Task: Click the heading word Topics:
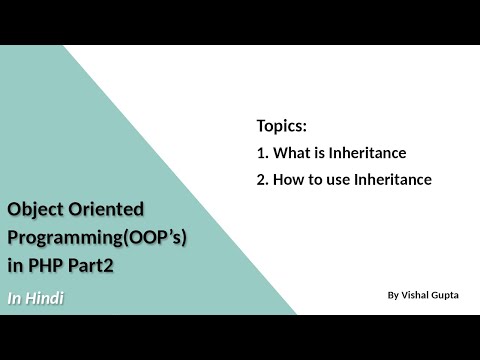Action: tap(281, 127)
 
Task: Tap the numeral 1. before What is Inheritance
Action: tap(263, 153)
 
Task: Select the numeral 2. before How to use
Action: tap(263, 180)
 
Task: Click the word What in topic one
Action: tap(293, 153)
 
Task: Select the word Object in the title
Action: tap(34, 209)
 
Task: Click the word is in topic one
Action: tap(322, 153)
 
